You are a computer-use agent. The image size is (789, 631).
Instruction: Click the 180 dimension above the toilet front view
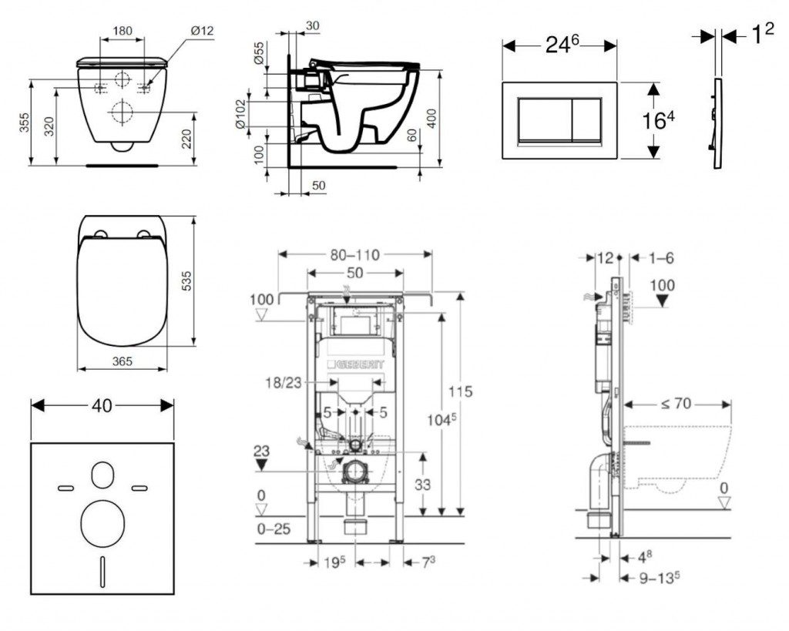pyautogui.click(x=122, y=32)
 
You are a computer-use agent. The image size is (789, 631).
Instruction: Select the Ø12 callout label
pyautogui.click(x=201, y=31)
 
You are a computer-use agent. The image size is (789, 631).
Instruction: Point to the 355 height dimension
pyautogui.click(x=24, y=123)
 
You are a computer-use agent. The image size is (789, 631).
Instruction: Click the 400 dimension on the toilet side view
pyautogui.click(x=432, y=118)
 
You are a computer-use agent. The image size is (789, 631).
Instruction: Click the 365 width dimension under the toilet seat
pyautogui.click(x=122, y=361)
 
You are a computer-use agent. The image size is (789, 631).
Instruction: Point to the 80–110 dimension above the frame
pyautogui.click(x=355, y=255)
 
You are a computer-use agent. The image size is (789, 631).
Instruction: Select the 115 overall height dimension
pyautogui.click(x=460, y=392)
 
